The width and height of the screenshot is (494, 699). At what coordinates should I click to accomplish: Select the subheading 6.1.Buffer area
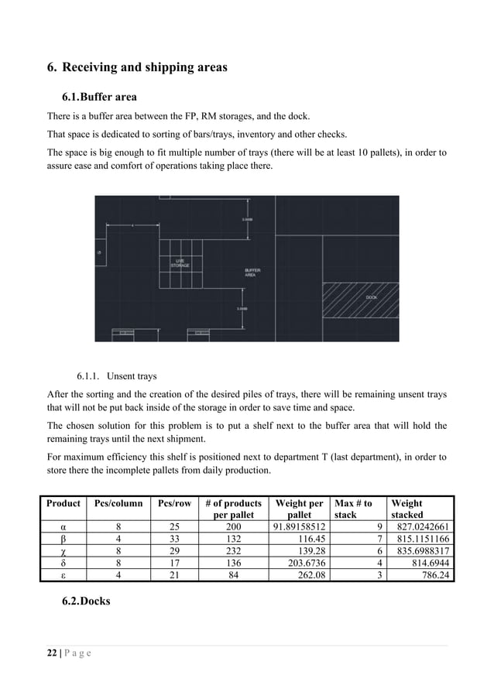click(x=98, y=98)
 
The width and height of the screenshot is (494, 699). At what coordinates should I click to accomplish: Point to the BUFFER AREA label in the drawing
click(x=252, y=272)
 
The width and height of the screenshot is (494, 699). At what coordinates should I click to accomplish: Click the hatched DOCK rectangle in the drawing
click(x=360, y=297)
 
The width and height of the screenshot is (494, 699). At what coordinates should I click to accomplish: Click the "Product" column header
click(x=63, y=503)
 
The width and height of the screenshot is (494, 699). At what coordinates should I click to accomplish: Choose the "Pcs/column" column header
click(x=118, y=503)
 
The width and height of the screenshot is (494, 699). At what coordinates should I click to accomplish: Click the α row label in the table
click(x=63, y=527)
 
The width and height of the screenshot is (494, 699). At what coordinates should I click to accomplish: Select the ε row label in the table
click(x=63, y=574)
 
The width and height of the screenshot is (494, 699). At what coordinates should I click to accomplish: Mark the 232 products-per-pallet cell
click(x=233, y=550)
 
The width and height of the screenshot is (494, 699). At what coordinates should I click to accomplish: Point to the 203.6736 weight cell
click(x=300, y=563)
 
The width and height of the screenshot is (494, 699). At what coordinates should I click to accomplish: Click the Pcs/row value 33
click(x=174, y=539)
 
